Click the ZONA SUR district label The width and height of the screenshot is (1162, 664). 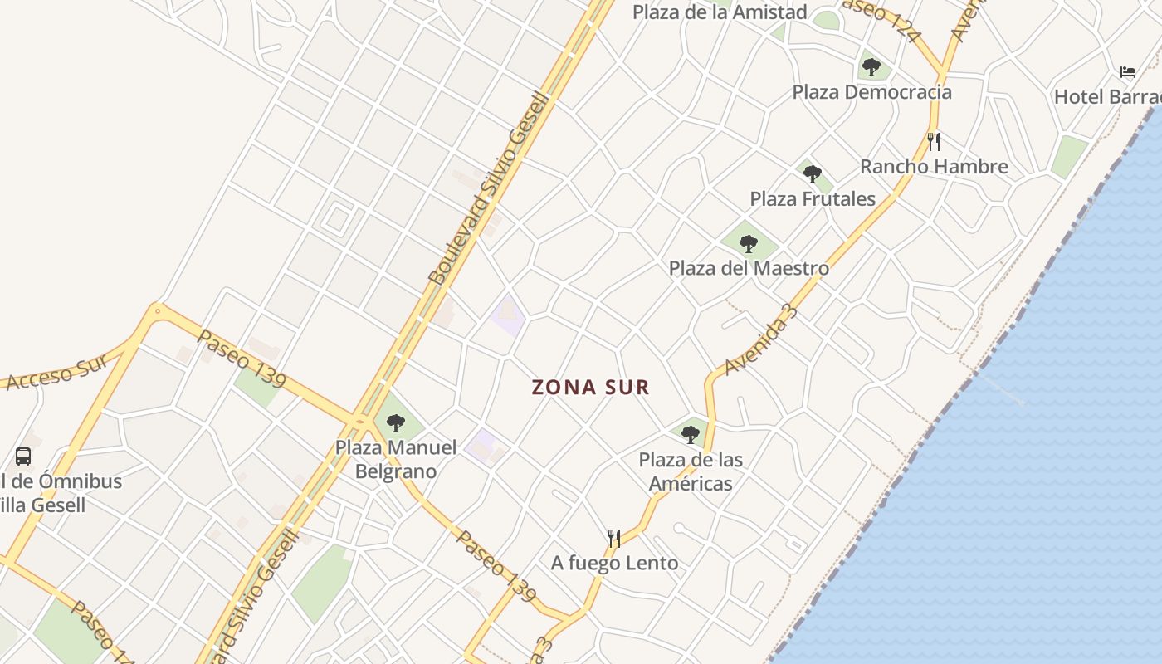590,387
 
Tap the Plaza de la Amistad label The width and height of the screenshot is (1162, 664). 720,12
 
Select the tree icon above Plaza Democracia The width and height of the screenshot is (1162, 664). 871,67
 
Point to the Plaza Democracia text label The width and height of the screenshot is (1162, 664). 871,92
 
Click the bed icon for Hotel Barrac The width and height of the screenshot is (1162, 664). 1127,72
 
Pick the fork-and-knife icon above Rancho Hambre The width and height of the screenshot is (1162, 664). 934,141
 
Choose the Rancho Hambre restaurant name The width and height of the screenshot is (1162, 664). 934,167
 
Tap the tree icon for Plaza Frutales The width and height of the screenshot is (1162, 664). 813,174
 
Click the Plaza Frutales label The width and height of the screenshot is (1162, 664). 813,199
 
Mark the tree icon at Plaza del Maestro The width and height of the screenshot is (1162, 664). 749,243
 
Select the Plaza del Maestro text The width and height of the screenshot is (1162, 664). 749,269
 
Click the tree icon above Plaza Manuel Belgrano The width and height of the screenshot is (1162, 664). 396,422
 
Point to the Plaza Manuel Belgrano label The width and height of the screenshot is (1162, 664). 396,459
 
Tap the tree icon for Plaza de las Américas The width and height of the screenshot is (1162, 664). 691,434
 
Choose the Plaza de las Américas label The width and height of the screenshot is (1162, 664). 691,471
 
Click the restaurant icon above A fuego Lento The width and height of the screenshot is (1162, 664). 614,539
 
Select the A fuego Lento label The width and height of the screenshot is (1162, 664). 614,564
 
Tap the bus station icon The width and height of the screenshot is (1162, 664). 23,456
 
